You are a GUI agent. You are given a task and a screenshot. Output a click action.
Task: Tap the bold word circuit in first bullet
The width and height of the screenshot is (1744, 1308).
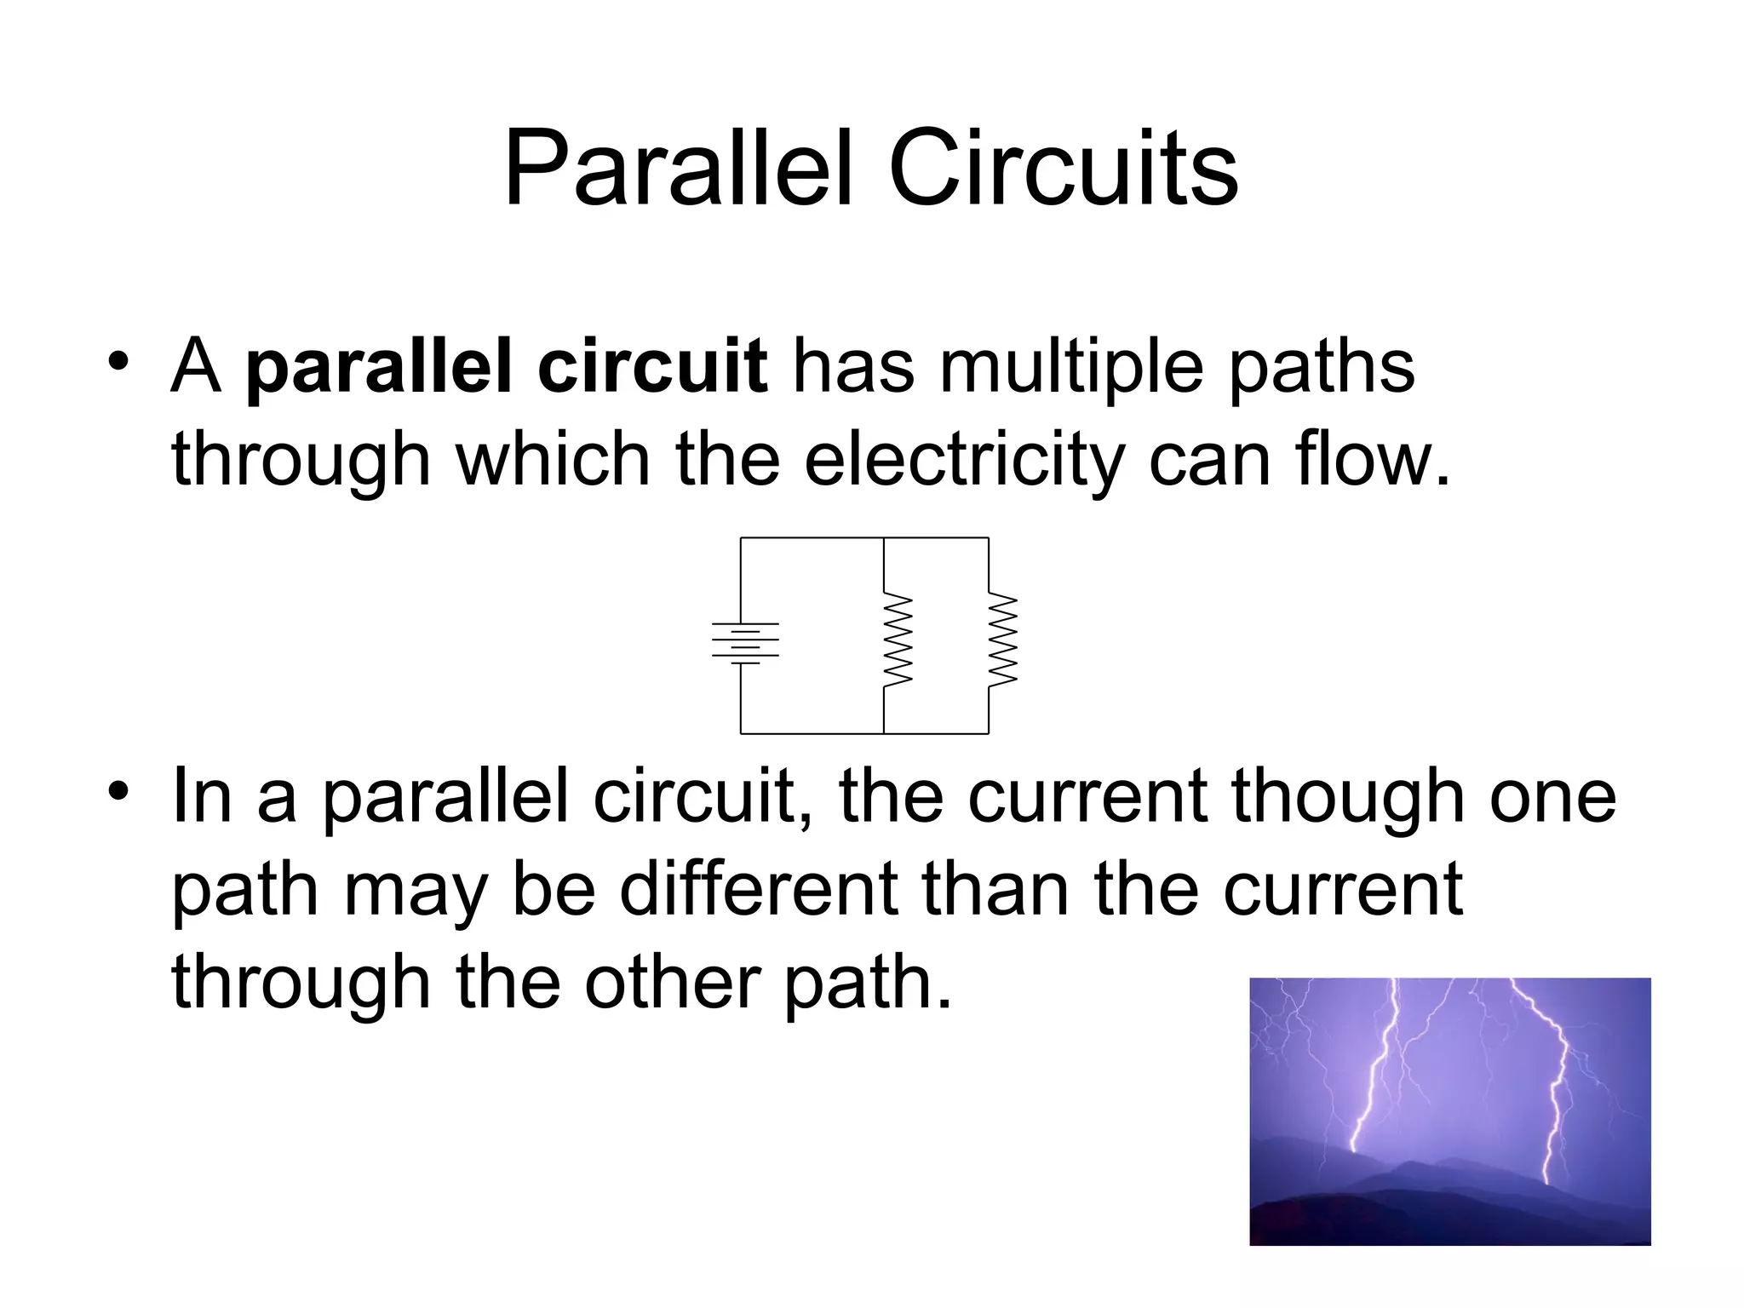click(653, 368)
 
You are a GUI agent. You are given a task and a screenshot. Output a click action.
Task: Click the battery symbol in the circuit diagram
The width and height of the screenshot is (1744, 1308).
click(745, 642)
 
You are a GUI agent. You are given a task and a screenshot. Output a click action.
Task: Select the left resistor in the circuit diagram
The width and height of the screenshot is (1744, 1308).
click(898, 639)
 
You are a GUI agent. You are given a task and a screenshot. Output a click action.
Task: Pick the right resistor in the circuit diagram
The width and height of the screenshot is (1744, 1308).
click(1002, 639)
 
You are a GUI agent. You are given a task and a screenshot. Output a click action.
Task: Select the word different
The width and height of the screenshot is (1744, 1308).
click(758, 890)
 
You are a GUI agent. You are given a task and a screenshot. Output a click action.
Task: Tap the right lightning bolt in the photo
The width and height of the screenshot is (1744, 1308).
click(1558, 1090)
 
